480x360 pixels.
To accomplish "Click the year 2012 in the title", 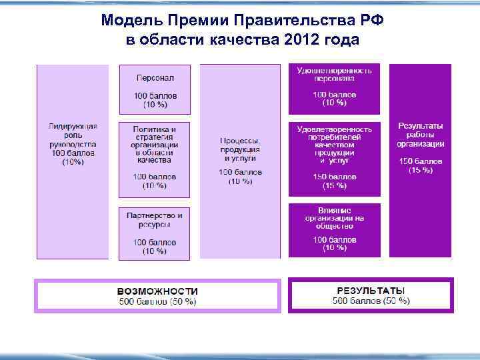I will coord(301,40).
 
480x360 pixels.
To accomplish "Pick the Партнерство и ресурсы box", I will coord(155,233).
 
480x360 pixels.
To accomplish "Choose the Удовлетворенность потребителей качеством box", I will coord(335,158).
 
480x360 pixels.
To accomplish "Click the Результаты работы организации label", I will coord(420,135).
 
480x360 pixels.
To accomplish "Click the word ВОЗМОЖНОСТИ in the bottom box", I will coord(157,291).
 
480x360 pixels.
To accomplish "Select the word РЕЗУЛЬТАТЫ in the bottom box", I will coord(371,291).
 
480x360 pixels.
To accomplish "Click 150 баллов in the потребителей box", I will coord(335,177).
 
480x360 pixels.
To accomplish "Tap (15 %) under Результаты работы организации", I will coord(421,170).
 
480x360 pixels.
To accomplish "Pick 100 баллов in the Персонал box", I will coord(155,96).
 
